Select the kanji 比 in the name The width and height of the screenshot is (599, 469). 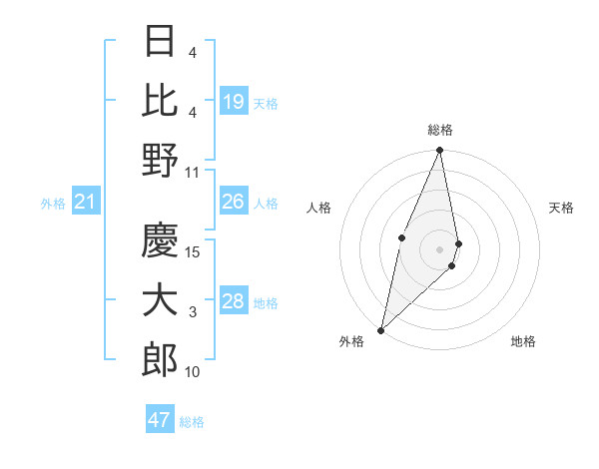coord(160,100)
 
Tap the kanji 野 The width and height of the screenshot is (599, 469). coord(160,160)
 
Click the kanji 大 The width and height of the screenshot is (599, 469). coord(160,301)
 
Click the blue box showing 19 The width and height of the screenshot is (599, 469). coord(234,101)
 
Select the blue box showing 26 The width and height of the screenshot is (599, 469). coord(234,202)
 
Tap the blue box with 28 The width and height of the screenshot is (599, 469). coord(234,301)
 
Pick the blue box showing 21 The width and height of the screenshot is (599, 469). coord(85,203)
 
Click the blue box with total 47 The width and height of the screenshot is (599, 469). coord(160,420)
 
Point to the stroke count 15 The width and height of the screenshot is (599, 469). coord(194,252)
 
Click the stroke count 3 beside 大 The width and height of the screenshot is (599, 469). coord(193,313)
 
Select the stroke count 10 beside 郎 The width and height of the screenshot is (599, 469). coord(193,372)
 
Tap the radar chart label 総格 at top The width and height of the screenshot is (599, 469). coord(439,130)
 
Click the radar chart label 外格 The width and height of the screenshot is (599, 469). coord(350,341)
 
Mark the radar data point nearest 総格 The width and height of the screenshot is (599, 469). coord(439,151)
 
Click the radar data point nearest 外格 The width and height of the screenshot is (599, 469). coord(381,329)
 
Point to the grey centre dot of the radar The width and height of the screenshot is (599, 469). coord(439,248)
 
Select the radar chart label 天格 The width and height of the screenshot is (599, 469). coord(561,208)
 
